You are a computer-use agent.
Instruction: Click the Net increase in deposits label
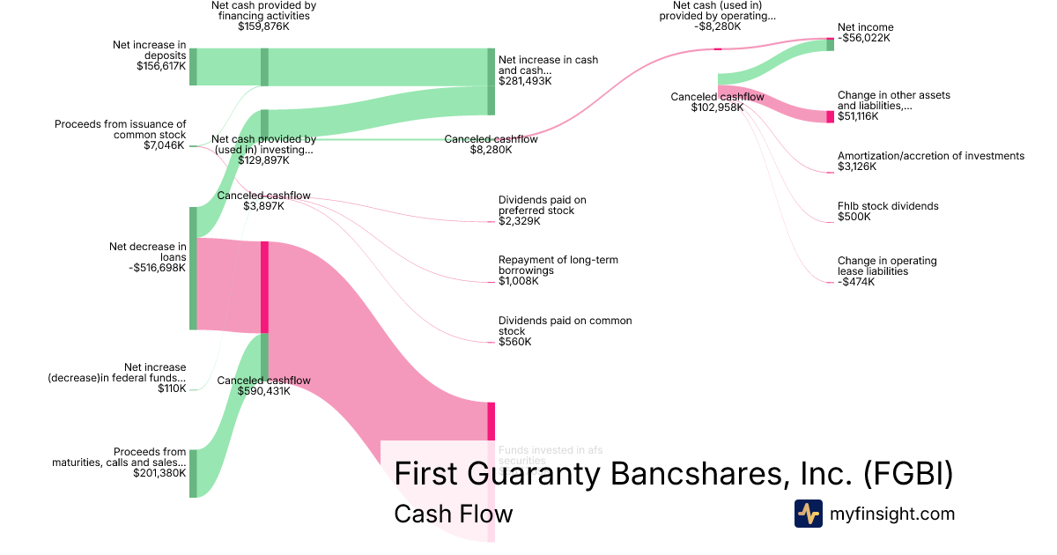click(x=150, y=55)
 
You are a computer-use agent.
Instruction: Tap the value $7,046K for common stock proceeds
click(x=164, y=145)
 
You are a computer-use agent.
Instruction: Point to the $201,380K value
click(x=159, y=473)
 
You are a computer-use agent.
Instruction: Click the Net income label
click(x=865, y=27)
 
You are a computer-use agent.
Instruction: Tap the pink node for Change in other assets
click(x=830, y=116)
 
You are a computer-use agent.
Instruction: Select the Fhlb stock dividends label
click(x=876, y=206)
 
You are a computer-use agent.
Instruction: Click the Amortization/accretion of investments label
click(x=931, y=156)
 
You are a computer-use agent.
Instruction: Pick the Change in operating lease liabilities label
click(x=887, y=266)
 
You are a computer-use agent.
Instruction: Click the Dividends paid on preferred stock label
click(x=542, y=205)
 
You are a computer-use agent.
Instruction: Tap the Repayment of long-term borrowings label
click(x=558, y=265)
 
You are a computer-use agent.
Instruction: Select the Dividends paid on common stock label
click(x=565, y=326)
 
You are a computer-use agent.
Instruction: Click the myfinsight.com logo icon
click(x=808, y=514)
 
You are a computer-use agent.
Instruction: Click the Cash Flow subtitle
click(x=453, y=514)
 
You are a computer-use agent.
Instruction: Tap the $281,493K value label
click(x=525, y=81)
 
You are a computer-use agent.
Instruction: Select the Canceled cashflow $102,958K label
click(x=717, y=102)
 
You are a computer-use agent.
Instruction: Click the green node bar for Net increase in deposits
click(x=193, y=67)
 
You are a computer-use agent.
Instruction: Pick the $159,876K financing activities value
click(x=263, y=26)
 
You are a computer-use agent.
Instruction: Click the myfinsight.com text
click(x=892, y=514)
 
